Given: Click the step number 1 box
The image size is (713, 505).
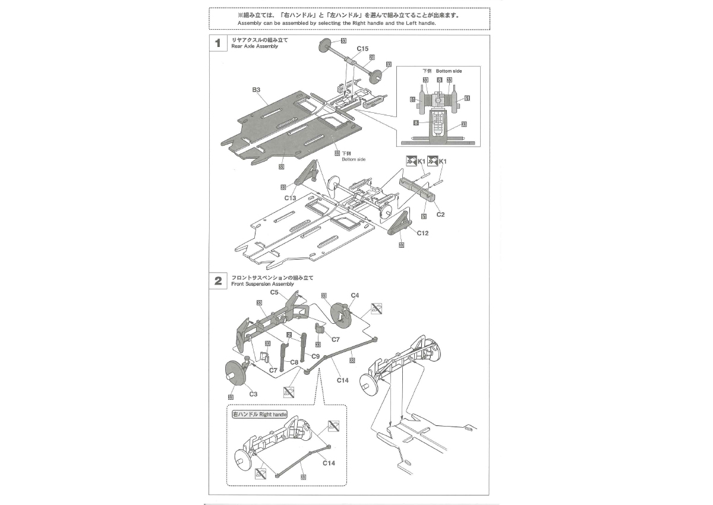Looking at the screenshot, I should (218, 43).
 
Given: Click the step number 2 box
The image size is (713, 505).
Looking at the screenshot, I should (218, 281).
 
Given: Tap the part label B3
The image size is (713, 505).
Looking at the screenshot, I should (256, 90).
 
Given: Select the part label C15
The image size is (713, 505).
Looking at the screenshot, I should (362, 48).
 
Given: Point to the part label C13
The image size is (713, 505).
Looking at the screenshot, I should (290, 198).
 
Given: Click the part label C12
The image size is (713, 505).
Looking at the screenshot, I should (422, 233).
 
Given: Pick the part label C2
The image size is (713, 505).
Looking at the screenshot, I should (440, 214).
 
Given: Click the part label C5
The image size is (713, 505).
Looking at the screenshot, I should (275, 292).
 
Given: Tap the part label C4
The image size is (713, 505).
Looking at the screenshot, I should (355, 295).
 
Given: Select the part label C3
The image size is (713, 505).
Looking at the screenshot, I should (253, 393).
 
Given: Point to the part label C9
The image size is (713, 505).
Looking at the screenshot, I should (316, 356).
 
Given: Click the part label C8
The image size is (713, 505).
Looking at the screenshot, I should (294, 362).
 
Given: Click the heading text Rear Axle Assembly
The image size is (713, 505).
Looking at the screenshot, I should (254, 46).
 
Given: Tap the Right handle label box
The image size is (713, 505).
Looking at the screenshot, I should (260, 414).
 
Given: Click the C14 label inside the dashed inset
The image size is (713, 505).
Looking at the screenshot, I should (329, 463).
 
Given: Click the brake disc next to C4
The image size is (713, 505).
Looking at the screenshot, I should (342, 315).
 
